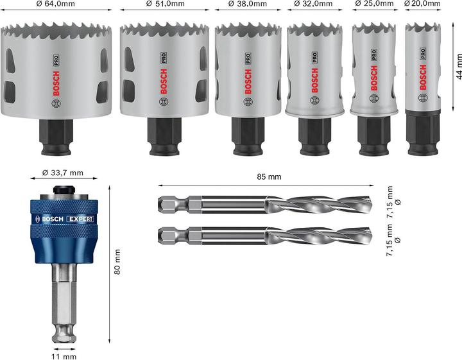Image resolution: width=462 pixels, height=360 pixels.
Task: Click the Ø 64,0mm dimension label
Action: tap(60, 4)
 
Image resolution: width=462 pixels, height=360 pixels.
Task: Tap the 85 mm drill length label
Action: tap(268, 176)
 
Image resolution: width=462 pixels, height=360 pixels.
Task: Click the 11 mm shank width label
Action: tap(65, 356)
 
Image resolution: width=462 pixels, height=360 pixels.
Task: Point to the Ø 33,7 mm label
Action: tap(63, 173)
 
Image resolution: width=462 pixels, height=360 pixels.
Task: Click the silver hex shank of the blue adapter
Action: tap(64, 302)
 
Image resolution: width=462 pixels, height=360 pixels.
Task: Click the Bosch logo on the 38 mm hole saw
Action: tap(248, 81)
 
